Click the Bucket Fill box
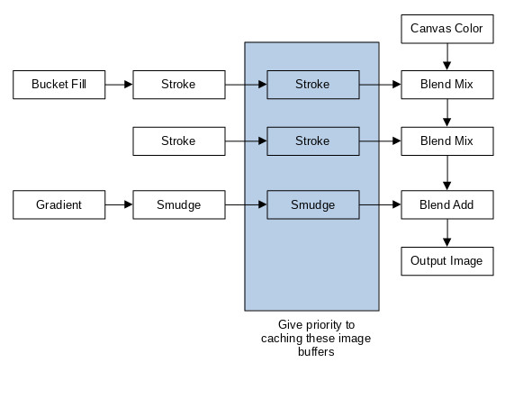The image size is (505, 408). click(59, 85)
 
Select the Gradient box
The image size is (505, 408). click(59, 204)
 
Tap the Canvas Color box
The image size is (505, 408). click(447, 29)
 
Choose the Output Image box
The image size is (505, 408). click(447, 261)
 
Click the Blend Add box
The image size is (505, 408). click(447, 204)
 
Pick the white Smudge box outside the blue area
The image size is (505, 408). click(179, 204)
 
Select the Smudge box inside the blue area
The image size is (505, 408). click(313, 204)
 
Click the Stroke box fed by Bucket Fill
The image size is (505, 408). click(179, 85)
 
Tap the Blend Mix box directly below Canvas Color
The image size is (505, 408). click(447, 85)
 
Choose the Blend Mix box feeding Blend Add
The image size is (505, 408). click(447, 141)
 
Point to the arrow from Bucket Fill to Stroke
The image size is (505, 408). click(119, 85)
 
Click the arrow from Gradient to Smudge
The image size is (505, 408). click(119, 204)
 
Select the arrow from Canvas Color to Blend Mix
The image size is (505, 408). click(447, 57)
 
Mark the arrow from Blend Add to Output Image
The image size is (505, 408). click(447, 233)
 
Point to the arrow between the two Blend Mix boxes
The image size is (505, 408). click(447, 113)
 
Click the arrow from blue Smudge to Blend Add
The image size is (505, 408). click(380, 204)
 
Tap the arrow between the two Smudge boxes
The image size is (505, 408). click(246, 204)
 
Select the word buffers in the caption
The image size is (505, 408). click(316, 351)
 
